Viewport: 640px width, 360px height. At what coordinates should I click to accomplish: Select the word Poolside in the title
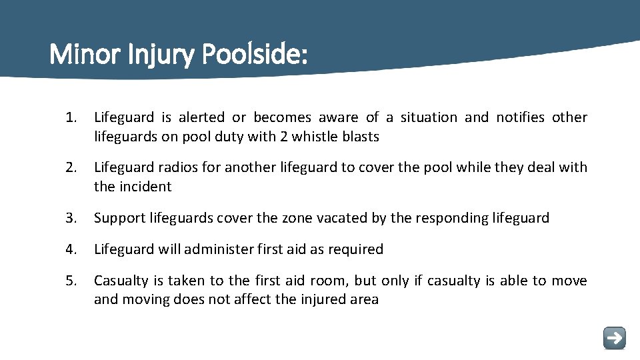pyautogui.click(x=253, y=54)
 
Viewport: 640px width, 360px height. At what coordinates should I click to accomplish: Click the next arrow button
pyautogui.click(x=614, y=337)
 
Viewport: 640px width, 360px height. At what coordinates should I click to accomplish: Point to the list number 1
pyautogui.click(x=70, y=117)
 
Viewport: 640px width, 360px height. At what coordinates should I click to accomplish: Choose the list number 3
pyautogui.click(x=70, y=218)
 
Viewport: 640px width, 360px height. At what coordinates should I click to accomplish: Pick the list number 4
pyautogui.click(x=70, y=249)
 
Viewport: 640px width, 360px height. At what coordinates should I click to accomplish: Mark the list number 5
pyautogui.click(x=70, y=281)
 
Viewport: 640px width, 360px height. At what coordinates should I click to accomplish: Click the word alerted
pyautogui.click(x=201, y=117)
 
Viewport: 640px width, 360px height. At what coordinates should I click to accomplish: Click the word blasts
pyautogui.click(x=360, y=137)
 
